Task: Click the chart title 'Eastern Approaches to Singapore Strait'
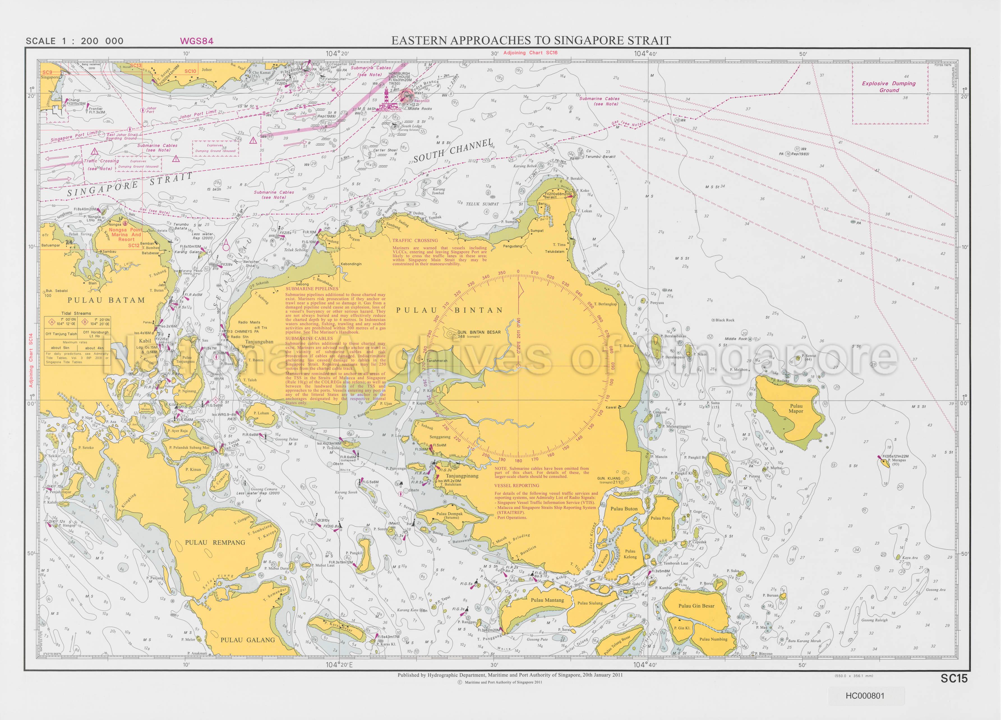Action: coord(531,41)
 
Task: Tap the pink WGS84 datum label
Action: coord(196,41)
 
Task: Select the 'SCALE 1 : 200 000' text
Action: coord(75,41)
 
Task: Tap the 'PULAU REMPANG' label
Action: coord(215,543)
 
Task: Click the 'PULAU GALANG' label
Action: coord(248,640)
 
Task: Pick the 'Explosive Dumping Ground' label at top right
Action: coord(889,87)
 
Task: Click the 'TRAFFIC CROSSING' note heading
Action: coord(415,240)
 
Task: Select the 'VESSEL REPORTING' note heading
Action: coord(516,485)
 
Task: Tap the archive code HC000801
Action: coord(865,696)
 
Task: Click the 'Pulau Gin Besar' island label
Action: coord(696,606)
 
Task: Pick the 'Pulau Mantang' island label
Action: coord(547,600)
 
